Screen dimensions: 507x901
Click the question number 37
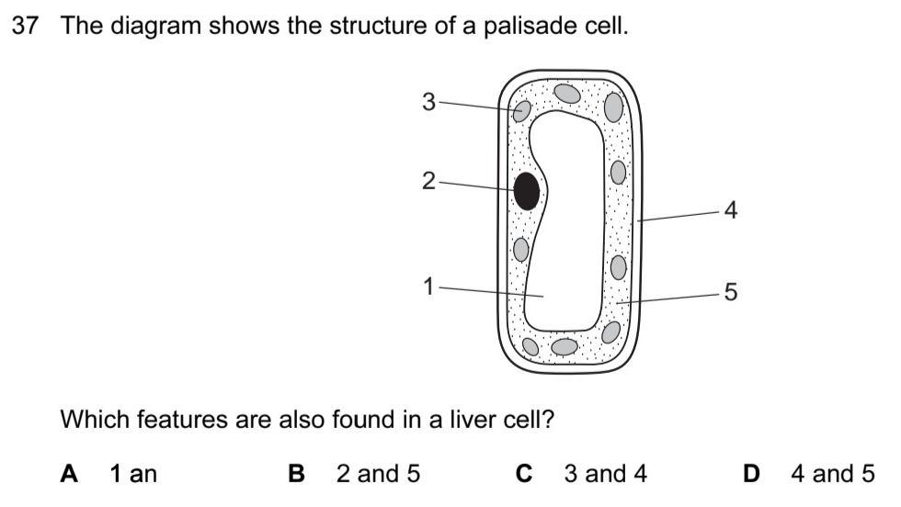29,27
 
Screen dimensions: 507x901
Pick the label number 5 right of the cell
731,293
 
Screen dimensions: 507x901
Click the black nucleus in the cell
527,191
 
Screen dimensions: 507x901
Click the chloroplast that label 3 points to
521,111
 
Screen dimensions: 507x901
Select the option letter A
68,474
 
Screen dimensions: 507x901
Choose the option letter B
296,474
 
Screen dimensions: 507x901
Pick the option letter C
524,474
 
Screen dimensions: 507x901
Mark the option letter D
752,474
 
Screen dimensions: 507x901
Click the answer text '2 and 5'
378,474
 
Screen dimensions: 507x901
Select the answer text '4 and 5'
833,474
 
